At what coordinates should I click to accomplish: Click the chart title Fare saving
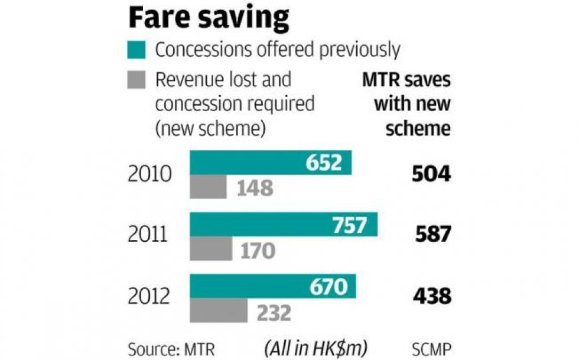(209, 19)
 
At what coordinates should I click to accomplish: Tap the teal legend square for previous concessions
(136, 50)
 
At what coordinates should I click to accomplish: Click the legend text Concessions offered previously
(278, 50)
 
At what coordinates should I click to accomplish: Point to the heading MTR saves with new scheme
(406, 104)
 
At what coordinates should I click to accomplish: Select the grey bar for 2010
(207, 187)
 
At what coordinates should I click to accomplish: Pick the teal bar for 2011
(283, 225)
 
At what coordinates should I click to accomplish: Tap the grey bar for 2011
(210, 249)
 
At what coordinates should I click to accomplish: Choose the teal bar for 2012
(272, 287)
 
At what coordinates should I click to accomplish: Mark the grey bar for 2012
(218, 311)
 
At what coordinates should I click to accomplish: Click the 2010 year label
(149, 175)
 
